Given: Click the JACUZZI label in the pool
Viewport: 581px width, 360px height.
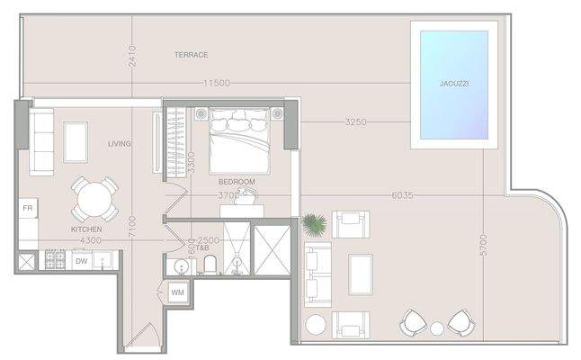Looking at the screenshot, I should tap(454, 83).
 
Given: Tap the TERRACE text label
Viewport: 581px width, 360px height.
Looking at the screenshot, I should tap(191, 55).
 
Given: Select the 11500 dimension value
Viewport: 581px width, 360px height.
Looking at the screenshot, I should tap(216, 83).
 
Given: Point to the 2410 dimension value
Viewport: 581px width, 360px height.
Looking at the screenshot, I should tap(131, 56).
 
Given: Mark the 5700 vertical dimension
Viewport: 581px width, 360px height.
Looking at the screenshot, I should tap(483, 245).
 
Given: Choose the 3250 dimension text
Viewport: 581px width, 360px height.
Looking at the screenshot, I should tap(354, 121).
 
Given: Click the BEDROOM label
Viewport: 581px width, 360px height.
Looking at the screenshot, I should tap(237, 182).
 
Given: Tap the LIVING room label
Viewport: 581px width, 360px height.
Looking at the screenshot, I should tap(120, 144).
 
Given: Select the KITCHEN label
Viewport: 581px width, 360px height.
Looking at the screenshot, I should tap(86, 229).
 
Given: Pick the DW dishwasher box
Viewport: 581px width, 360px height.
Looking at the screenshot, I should tap(81, 261).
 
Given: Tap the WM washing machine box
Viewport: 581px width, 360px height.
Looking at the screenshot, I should tap(177, 293).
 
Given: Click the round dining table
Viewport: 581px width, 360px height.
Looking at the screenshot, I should tap(94, 199).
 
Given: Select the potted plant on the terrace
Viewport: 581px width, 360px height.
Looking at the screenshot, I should tap(314, 223).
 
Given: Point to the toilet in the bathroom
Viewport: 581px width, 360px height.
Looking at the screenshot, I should tap(209, 265).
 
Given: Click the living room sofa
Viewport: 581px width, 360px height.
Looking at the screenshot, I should tap(41, 141).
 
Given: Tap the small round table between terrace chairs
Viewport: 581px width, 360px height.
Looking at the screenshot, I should tap(437, 328).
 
